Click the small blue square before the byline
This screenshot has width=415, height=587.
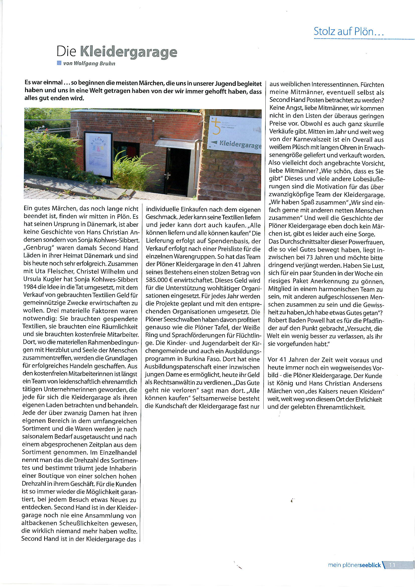59,63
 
